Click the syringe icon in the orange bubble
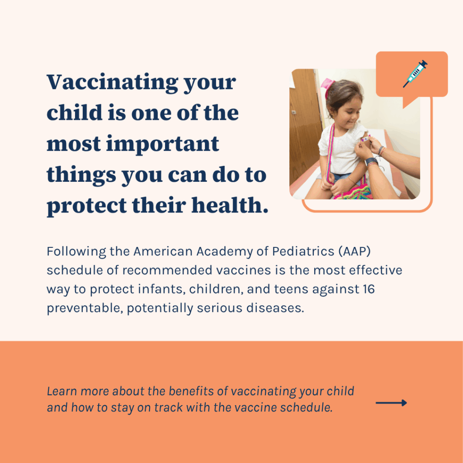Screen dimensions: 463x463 point(415,74)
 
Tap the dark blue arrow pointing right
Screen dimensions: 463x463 point(391,403)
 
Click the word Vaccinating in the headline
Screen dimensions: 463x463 point(113,82)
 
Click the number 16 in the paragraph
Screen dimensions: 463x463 point(369,289)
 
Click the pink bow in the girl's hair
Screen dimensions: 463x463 point(327,86)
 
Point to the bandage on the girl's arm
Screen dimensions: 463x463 point(366,138)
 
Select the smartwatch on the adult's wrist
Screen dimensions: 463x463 point(371,161)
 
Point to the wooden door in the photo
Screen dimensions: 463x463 point(304,128)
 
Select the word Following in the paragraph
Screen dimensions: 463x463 point(76,252)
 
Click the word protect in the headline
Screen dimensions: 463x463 point(87,206)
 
